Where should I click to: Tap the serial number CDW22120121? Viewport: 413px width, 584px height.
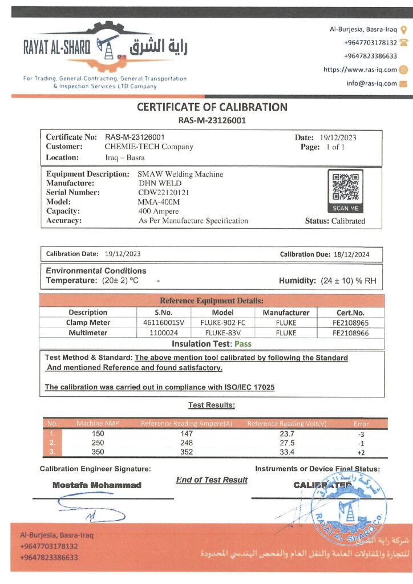(164, 192)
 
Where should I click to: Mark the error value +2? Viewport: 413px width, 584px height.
(361, 452)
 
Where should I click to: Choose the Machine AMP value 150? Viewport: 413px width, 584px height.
(98, 433)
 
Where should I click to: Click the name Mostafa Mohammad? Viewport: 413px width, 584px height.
(97, 485)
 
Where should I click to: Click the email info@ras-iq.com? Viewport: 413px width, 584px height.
(371, 83)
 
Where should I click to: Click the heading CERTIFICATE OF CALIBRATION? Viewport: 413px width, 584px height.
(212, 107)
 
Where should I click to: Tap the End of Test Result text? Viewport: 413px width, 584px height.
(212, 480)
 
